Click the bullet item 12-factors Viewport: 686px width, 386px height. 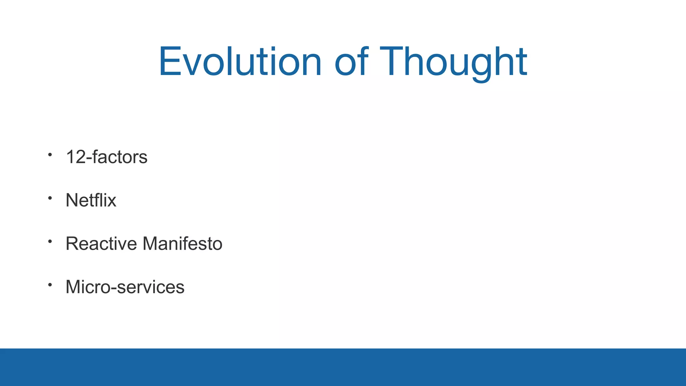pos(107,157)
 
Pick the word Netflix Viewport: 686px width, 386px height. pos(91,200)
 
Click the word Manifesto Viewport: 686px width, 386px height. pos(183,244)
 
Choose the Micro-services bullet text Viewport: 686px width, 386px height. pos(125,287)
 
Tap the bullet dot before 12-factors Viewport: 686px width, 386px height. pos(50,155)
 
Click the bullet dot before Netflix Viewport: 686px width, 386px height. pos(50,198)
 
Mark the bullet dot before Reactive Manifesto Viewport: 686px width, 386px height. pos(50,241)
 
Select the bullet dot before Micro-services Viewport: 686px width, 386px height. pos(50,285)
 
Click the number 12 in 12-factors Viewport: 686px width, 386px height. pos(76,157)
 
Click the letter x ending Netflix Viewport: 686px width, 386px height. pos(112,202)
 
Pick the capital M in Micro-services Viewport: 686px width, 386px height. pos(73,287)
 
